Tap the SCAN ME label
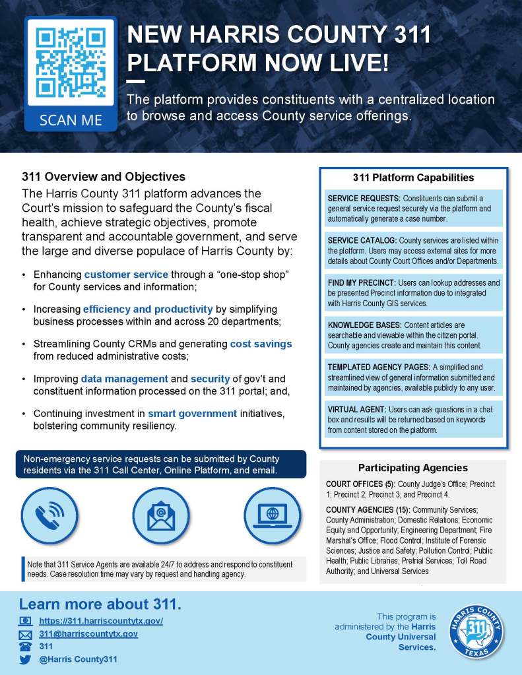click(x=71, y=119)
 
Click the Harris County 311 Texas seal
click(x=476, y=629)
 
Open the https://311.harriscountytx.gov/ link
click(x=101, y=621)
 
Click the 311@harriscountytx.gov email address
click(x=88, y=633)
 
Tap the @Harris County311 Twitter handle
click(x=78, y=659)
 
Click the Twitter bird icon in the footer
click(x=25, y=659)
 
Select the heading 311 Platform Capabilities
click(x=413, y=177)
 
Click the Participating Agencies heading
click(x=412, y=468)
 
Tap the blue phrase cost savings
click(x=261, y=344)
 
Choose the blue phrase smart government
click(x=192, y=414)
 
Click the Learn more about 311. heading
click(x=100, y=604)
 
